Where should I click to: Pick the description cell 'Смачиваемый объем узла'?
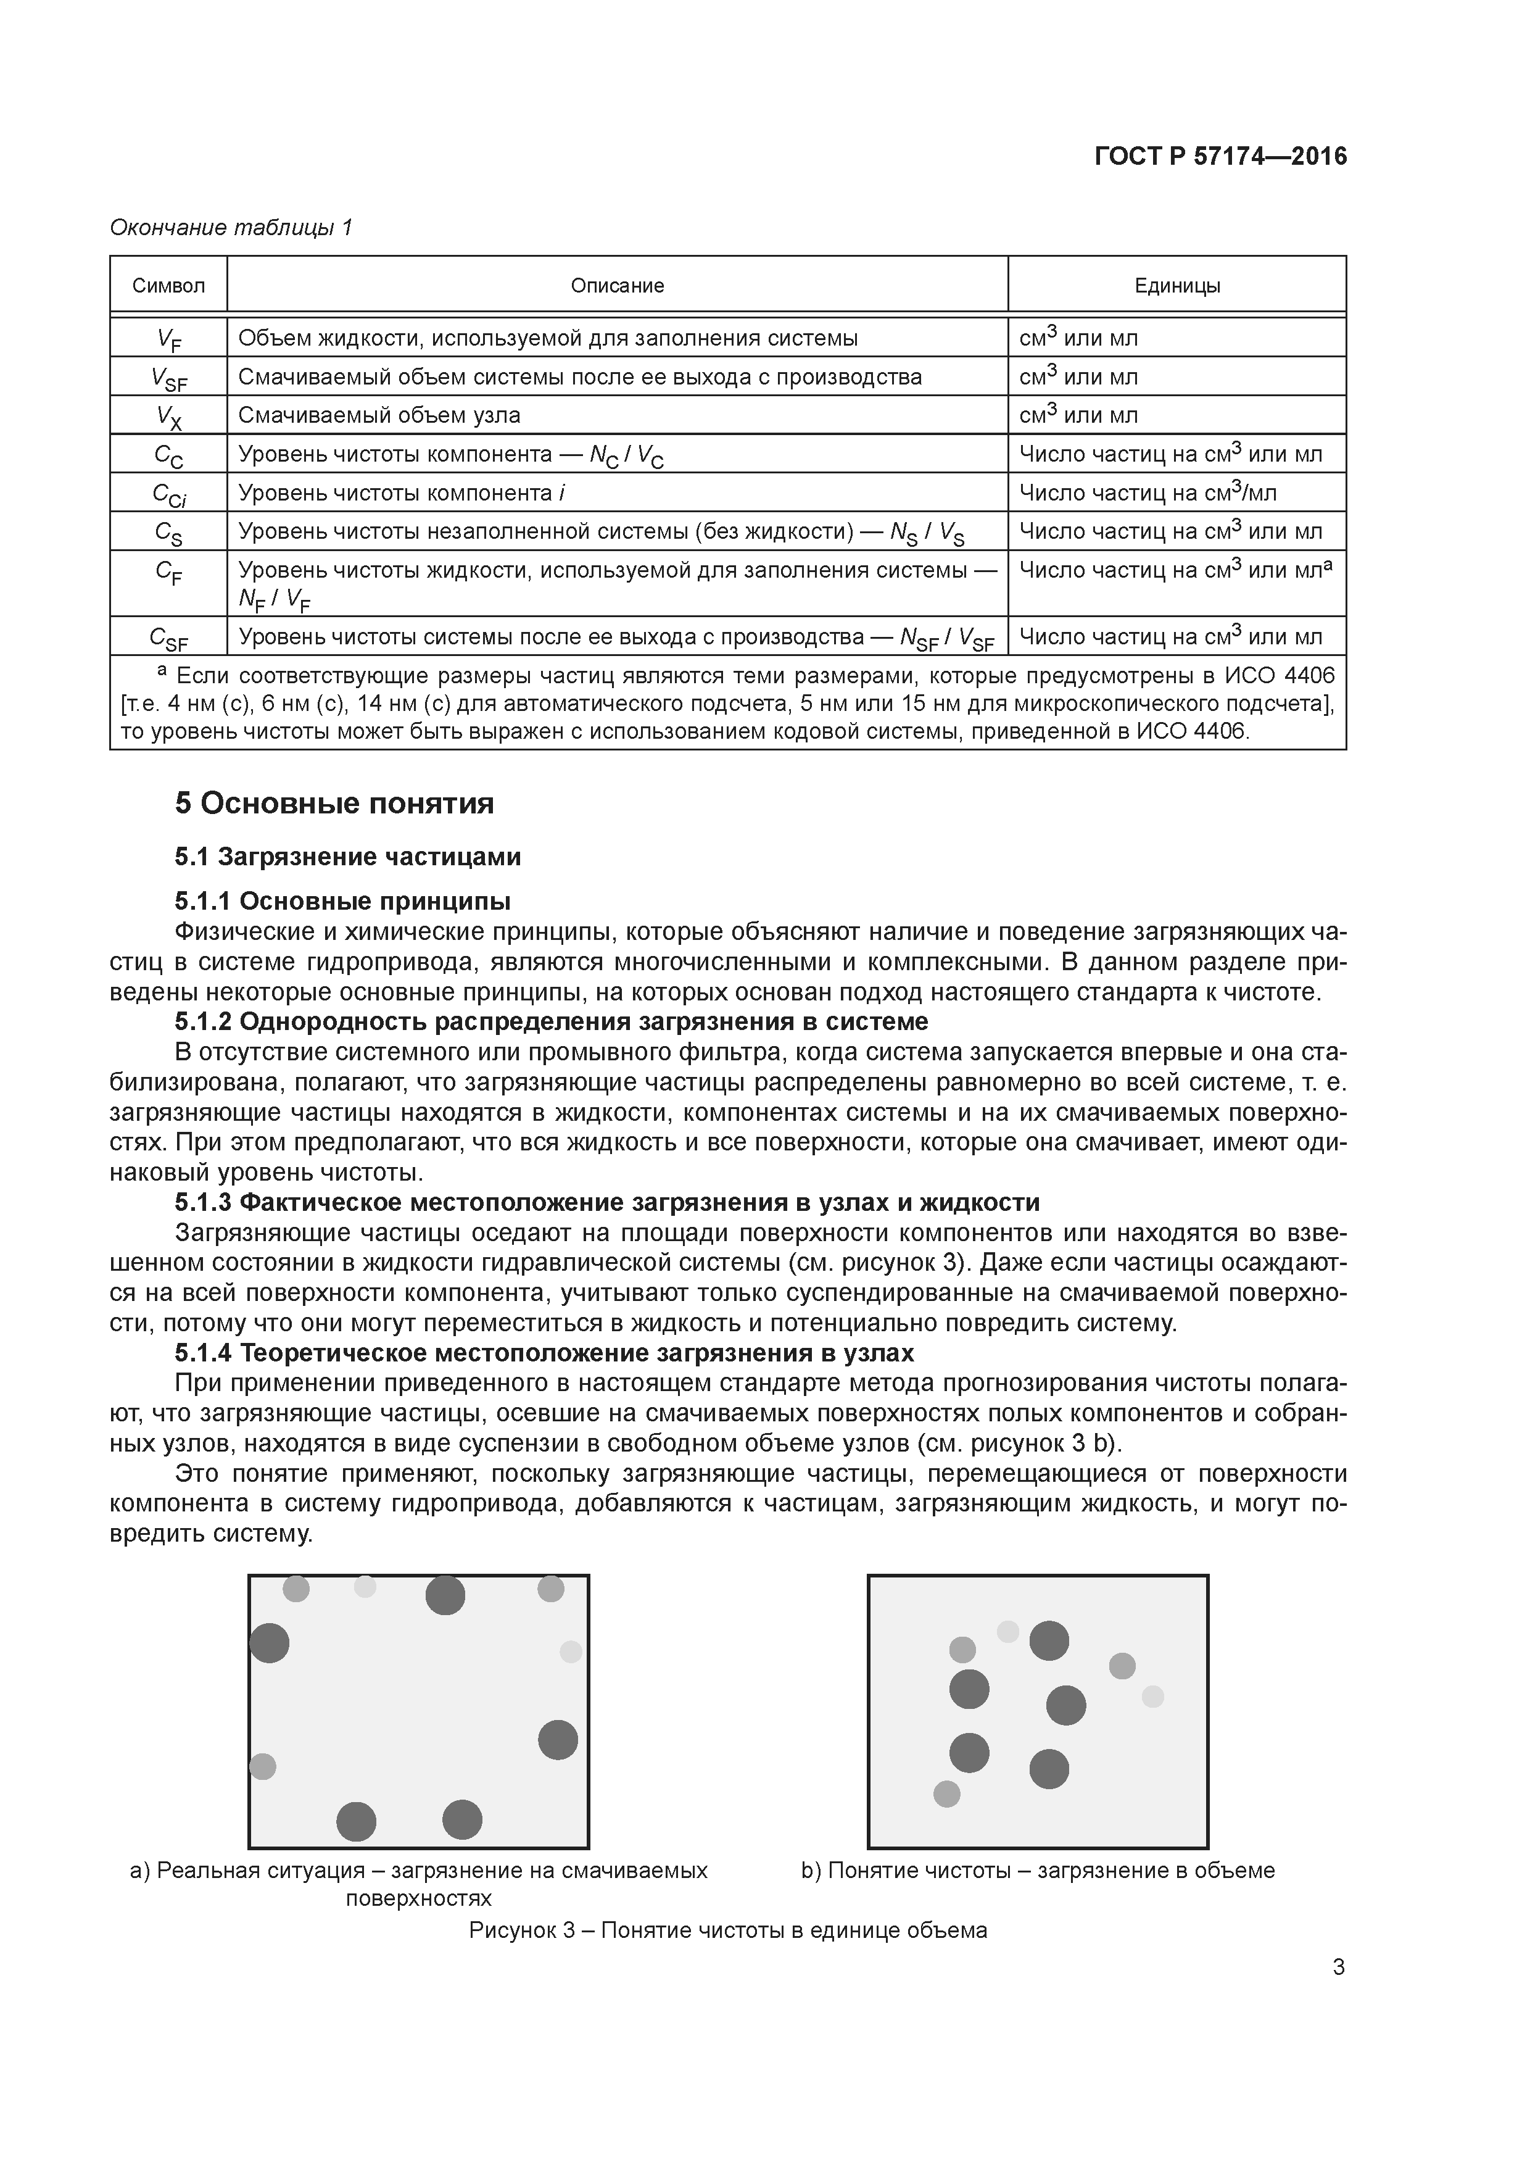[x=379, y=415]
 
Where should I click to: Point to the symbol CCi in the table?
[x=169, y=493]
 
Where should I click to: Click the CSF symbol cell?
[x=169, y=638]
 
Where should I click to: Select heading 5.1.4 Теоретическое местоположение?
[x=544, y=1352]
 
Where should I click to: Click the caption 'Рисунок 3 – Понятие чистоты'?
[x=728, y=1930]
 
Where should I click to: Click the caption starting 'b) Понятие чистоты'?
[x=1037, y=1870]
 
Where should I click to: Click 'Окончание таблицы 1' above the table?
[x=231, y=227]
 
